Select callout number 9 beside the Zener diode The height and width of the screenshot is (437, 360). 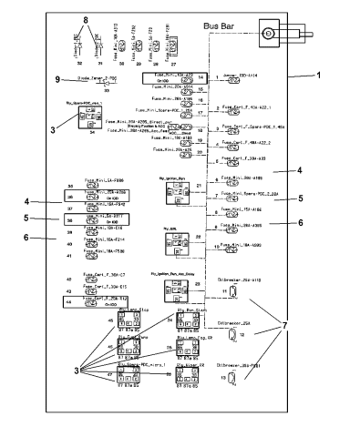coord(57,79)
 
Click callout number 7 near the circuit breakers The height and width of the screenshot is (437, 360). coord(314,325)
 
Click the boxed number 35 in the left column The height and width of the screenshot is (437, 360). coord(70,186)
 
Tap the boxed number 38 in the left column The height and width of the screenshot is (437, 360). coord(70,218)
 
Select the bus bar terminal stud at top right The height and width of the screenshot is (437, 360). coord(269,34)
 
